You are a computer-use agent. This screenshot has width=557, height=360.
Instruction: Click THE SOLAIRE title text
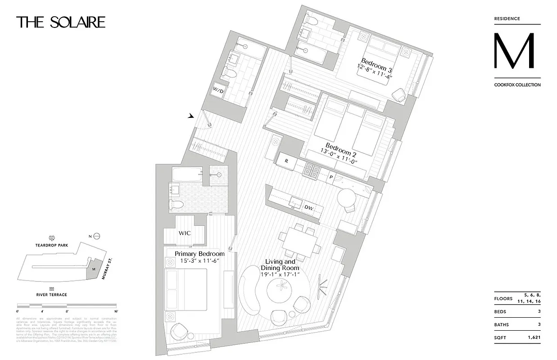[61, 22]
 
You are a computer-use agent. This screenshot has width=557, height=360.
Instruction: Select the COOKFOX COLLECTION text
[517, 85]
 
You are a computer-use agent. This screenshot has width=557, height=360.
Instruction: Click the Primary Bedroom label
[199, 254]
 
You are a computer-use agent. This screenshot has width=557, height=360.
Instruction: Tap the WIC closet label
[184, 234]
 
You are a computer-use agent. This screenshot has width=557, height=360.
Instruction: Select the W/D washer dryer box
[218, 90]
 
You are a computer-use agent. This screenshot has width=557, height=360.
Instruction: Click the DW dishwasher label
[308, 207]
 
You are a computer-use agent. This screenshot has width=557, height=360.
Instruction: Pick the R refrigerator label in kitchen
[286, 159]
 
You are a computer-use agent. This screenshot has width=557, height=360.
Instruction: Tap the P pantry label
[331, 177]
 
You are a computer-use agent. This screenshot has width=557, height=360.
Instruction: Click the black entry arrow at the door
[191, 116]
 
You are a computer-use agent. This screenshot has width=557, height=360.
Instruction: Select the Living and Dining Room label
[280, 265]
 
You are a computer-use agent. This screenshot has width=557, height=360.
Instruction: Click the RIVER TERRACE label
[52, 295]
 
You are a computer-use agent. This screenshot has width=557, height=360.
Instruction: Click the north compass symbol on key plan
[96, 236]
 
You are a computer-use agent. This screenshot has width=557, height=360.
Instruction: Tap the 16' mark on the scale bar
[116, 311]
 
